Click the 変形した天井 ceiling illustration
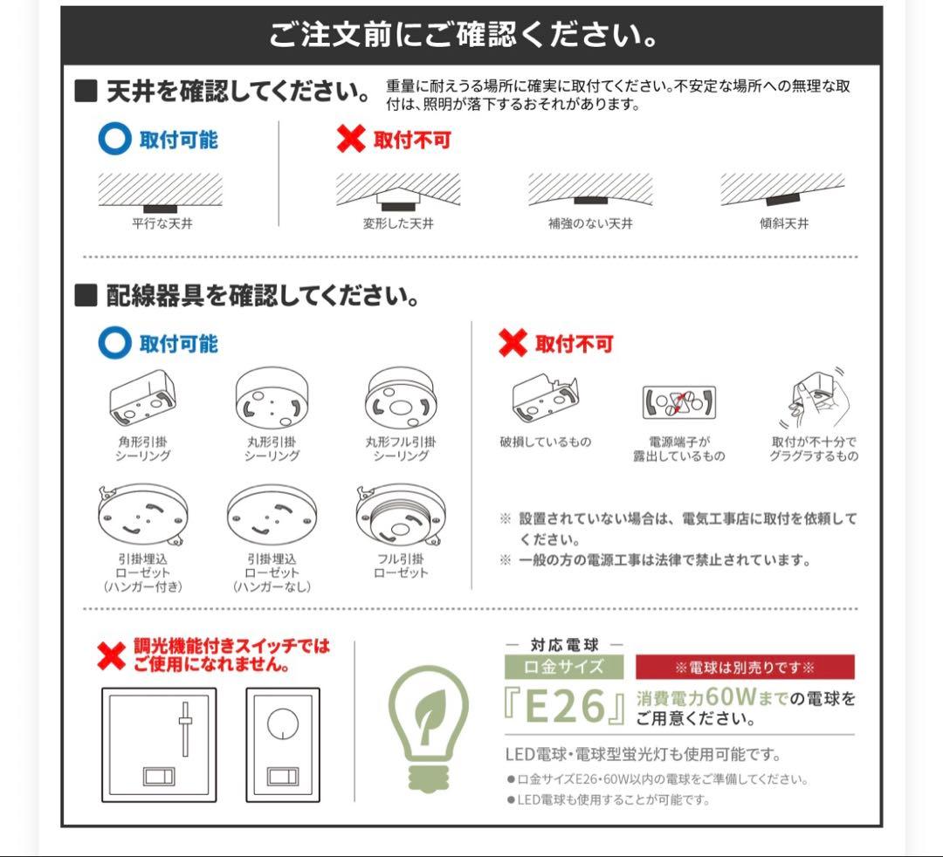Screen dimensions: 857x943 [398, 190]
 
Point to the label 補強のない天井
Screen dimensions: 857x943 [590, 223]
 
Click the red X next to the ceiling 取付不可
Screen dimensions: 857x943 [350, 140]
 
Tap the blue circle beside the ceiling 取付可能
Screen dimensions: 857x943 [114, 140]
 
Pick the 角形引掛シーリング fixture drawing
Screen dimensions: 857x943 [143, 397]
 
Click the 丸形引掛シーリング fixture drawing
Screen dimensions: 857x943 [272, 399]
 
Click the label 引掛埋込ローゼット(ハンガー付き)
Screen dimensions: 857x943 [143, 572]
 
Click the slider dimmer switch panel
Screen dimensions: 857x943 [159, 744]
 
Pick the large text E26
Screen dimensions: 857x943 [566, 706]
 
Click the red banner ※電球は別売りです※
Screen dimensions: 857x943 [745, 668]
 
